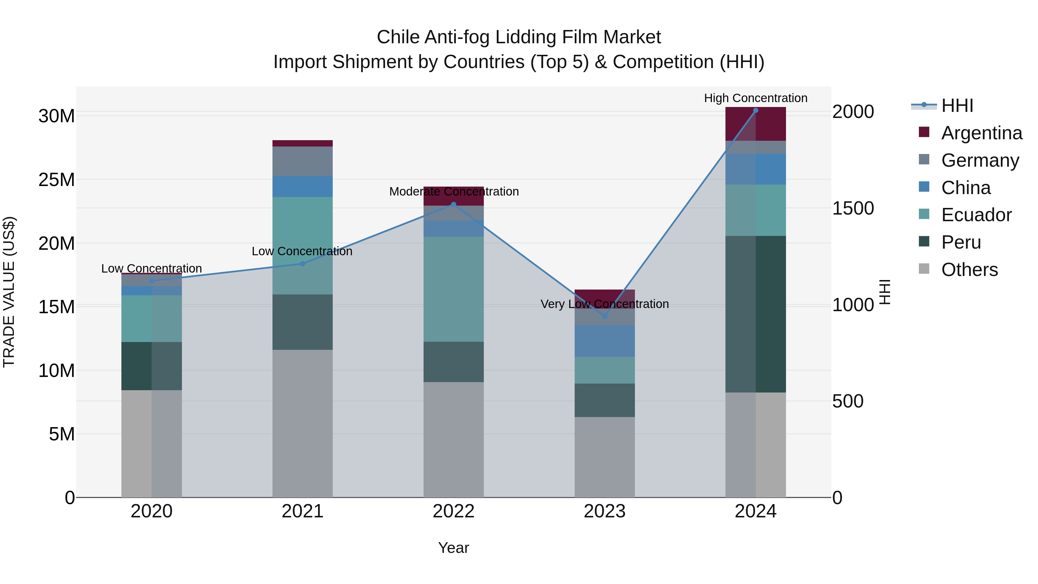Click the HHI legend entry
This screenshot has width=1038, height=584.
[957, 106]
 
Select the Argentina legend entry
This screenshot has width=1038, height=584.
[981, 133]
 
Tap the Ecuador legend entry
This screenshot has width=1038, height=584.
[976, 215]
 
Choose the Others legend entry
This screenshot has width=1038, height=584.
[969, 270]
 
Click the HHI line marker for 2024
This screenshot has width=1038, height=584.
[755, 110]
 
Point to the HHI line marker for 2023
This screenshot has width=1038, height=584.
[604, 316]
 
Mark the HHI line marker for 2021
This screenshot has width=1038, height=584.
[303, 264]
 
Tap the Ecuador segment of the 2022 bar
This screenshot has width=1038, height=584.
[453, 289]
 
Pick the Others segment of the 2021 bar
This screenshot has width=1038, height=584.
[303, 423]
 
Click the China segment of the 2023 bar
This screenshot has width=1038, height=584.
[604, 341]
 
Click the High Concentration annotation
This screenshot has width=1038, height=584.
[755, 98]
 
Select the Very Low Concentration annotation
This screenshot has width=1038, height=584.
[604, 304]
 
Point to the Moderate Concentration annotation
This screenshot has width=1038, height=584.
[454, 191]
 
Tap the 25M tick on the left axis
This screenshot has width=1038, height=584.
[57, 180]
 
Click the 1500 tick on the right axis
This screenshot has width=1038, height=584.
[853, 209]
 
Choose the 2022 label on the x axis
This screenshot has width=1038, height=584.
[453, 511]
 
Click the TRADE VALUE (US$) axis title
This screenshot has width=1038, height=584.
[9, 292]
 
